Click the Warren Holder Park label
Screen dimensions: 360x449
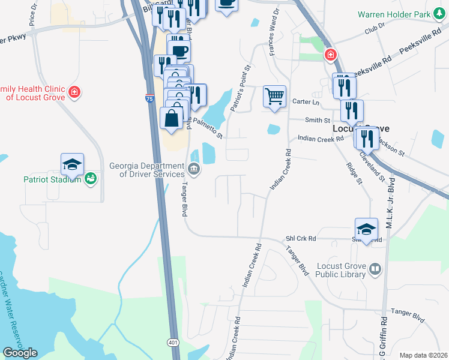point(402,14)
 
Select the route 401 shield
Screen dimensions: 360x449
point(173,343)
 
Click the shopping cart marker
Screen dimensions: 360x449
point(274,96)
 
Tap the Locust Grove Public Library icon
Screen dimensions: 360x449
point(375,268)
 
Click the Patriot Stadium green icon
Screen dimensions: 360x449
point(91,178)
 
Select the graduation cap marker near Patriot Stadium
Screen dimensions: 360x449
point(72,164)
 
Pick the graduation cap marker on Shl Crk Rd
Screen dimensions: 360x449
point(366,229)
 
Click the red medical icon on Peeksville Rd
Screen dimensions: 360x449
point(330,56)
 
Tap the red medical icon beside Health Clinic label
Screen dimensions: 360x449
point(74,92)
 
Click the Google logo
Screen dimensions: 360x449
point(20,353)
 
